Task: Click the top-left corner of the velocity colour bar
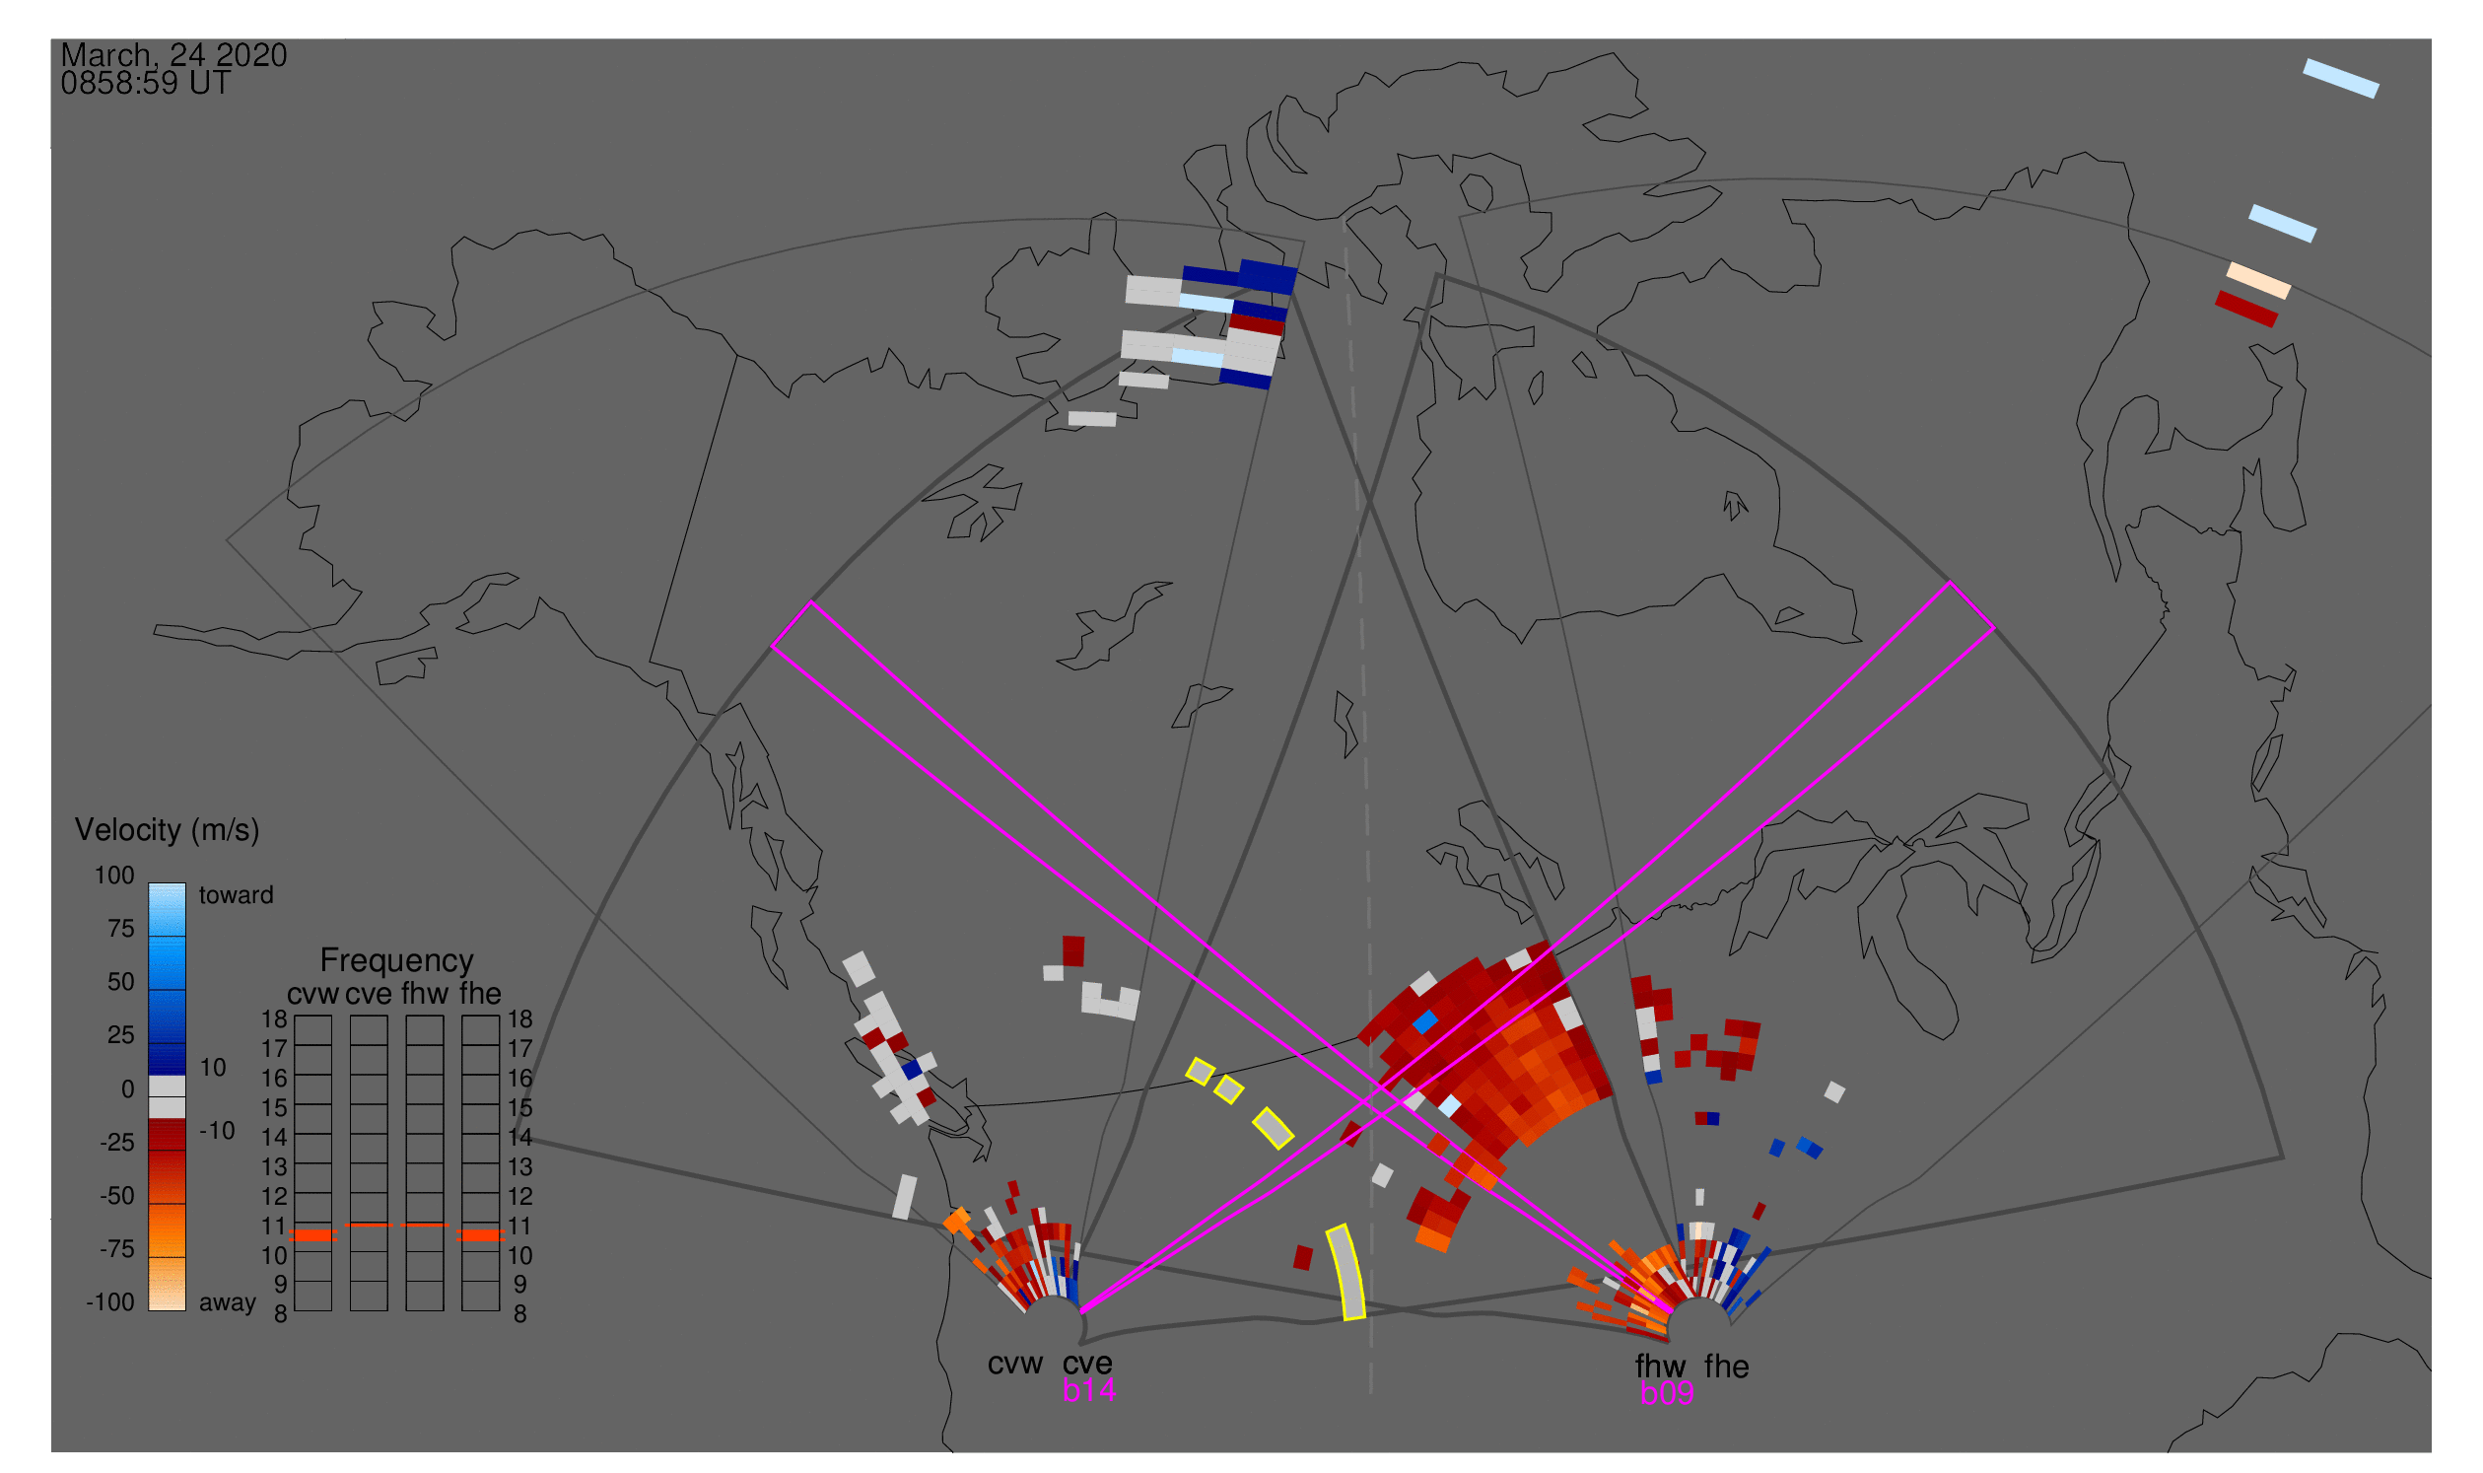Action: [x=149, y=884]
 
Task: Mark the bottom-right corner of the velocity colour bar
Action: [x=186, y=1311]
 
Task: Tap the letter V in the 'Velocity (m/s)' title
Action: [x=86, y=830]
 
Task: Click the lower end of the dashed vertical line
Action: [x=1371, y=1392]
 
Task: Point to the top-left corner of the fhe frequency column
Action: [x=462, y=1016]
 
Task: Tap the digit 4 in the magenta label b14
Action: [x=1106, y=1390]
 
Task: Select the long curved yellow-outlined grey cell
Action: [x=1346, y=1273]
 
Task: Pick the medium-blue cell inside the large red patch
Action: [x=1426, y=1022]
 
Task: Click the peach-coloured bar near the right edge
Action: [x=2258, y=281]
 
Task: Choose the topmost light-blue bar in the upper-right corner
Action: [x=2341, y=79]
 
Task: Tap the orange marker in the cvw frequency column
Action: [x=313, y=1235]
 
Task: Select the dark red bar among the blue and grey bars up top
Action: [x=1257, y=324]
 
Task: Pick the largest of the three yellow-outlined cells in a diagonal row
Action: [x=1274, y=1129]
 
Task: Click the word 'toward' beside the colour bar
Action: [x=237, y=895]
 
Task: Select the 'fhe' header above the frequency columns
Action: [x=480, y=994]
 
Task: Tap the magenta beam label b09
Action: [x=1667, y=1393]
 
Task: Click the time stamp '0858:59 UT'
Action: [x=146, y=84]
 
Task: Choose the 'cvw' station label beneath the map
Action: [x=1015, y=1365]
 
